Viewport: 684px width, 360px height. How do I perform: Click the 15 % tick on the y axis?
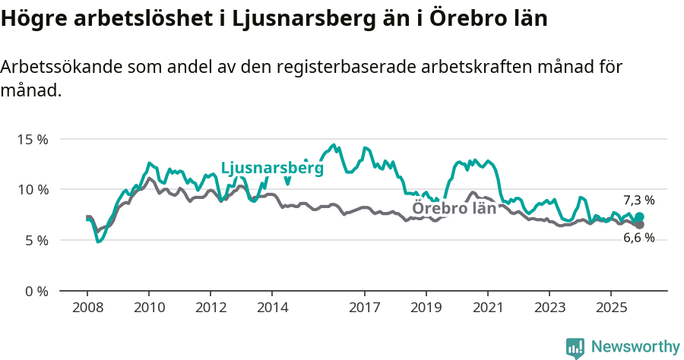coord(33,140)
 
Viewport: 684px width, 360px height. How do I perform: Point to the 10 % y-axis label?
coord(33,190)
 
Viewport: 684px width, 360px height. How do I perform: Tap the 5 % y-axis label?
coord(36,240)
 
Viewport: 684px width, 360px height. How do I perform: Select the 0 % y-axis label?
coord(36,291)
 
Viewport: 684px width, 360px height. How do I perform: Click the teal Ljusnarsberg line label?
coord(272,169)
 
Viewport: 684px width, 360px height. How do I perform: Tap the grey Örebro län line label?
coord(454,208)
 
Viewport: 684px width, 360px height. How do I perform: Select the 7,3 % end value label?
coord(638,201)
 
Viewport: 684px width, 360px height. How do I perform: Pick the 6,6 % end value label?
coord(638,238)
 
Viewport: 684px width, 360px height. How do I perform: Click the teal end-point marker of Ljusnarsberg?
coord(639,217)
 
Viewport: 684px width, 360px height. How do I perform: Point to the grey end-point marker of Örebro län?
coord(639,225)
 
